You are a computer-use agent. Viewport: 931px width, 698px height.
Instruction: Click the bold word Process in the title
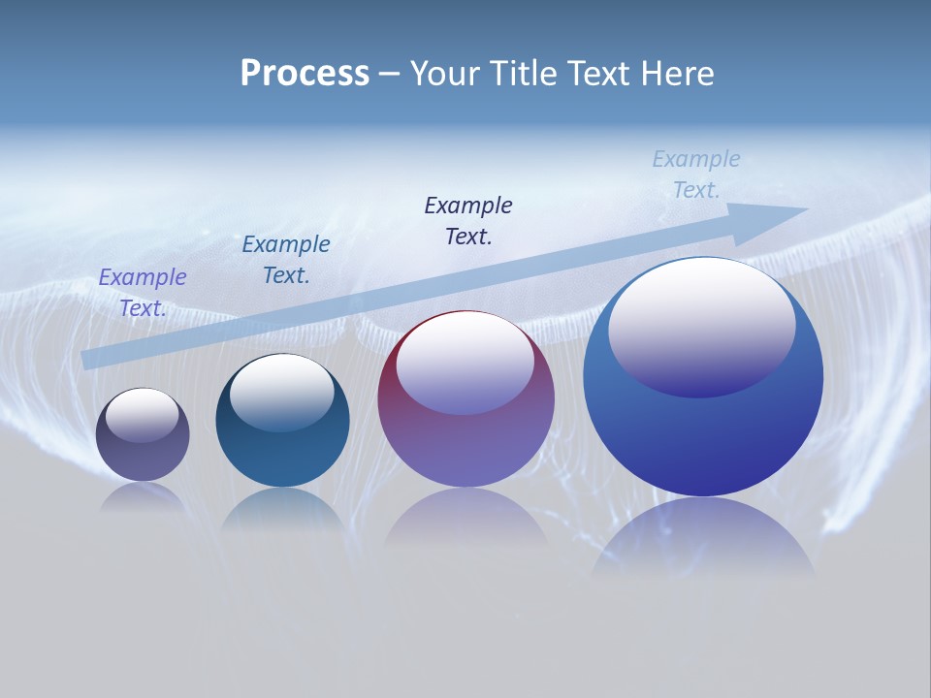click(x=305, y=74)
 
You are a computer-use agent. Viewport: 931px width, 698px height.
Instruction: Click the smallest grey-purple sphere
click(x=143, y=456)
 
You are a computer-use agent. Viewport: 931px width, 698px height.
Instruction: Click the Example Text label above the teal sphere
click(x=286, y=260)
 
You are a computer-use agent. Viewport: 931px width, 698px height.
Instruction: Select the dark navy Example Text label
click(x=468, y=221)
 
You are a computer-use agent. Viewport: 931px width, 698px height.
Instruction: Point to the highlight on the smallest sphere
click(x=143, y=415)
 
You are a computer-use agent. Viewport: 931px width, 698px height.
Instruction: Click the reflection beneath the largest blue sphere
click(x=703, y=538)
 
